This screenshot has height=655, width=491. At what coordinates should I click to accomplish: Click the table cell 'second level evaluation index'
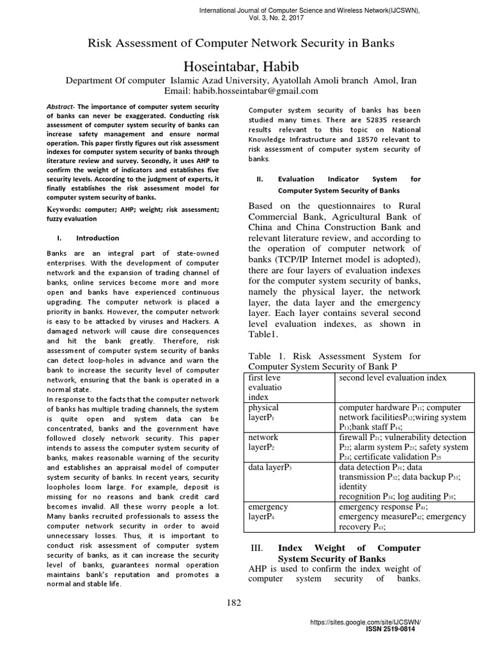click(x=393, y=377)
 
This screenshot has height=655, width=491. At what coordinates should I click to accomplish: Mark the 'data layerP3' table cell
click(x=270, y=468)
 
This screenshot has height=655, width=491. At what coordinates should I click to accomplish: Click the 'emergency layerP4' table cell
click(x=268, y=512)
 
